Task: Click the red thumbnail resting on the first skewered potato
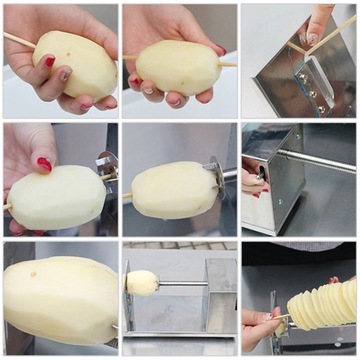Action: (48, 61)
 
